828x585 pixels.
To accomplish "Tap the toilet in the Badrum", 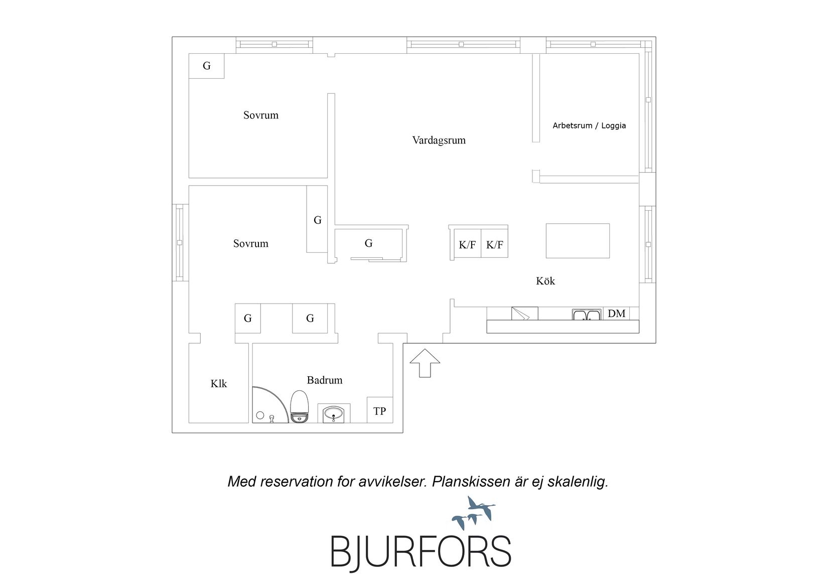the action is coord(299,406).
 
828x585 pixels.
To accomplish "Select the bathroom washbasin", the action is coord(334,413).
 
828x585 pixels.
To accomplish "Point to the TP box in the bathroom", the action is coord(379,410).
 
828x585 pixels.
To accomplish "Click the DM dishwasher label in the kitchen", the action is coord(616,314).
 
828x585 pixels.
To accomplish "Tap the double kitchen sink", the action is coord(586,315).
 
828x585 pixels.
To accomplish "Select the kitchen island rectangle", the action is coord(578,241).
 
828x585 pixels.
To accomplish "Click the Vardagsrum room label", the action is coord(439,140).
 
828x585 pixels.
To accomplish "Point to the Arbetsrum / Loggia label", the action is coord(589,125).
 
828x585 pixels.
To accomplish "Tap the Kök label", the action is coord(545,281).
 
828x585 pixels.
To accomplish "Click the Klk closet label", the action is coord(218,384).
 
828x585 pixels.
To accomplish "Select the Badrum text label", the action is coord(325,380).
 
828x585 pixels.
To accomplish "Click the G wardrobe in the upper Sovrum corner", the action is coord(207,66).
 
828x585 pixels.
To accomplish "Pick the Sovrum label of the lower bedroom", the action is coord(250,243).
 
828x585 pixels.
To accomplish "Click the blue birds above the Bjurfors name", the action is coord(474,513).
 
